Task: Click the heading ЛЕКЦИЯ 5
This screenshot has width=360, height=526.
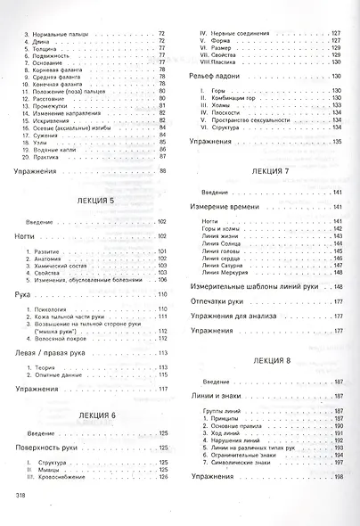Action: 93,201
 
